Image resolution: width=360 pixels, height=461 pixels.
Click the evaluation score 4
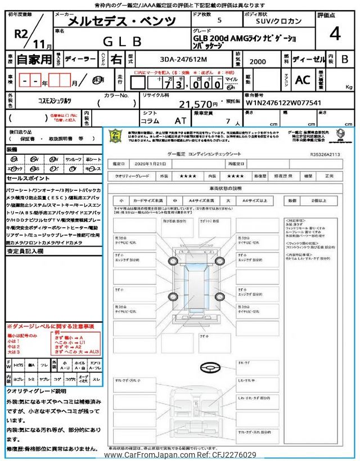[x=335, y=34]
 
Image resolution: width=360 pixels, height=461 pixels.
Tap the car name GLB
[x=120, y=41]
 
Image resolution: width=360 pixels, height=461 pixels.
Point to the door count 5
[x=219, y=21]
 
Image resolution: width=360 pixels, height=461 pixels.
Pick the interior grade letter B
[x=345, y=58]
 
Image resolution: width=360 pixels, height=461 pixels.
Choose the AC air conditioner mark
[x=303, y=80]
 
